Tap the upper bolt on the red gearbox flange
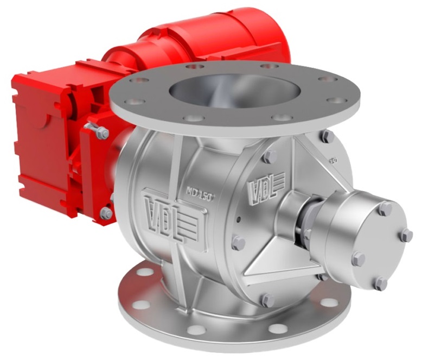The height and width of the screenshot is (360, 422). tap(101, 132)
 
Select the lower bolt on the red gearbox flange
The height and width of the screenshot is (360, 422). tap(106, 213)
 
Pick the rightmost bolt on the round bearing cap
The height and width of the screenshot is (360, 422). tap(406, 235)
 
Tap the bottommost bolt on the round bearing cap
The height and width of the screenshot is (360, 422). tap(381, 283)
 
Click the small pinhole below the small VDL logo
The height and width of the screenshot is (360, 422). tap(238, 220)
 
